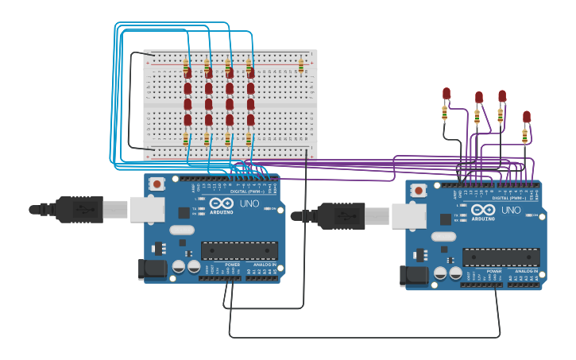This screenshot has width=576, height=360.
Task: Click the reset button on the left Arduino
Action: tap(157, 184)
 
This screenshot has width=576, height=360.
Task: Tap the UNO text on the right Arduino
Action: tap(511, 211)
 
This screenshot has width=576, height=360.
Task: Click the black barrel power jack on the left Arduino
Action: tap(153, 270)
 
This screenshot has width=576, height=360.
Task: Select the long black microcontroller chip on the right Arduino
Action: tap(501, 257)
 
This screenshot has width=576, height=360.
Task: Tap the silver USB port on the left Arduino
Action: tap(147, 209)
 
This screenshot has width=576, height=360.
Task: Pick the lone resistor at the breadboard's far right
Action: tap(300, 64)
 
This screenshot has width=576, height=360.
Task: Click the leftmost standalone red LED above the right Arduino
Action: tap(446, 94)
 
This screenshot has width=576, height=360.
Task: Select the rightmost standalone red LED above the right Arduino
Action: tap(526, 117)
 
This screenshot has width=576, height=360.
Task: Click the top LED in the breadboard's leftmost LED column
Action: tap(187, 73)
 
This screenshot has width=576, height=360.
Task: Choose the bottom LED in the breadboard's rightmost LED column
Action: tap(250, 120)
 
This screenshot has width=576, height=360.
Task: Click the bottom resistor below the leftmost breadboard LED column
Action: tap(186, 139)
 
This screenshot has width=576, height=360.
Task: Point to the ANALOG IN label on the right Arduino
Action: tap(525, 271)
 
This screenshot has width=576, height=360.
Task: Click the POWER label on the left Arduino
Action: tap(232, 265)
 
